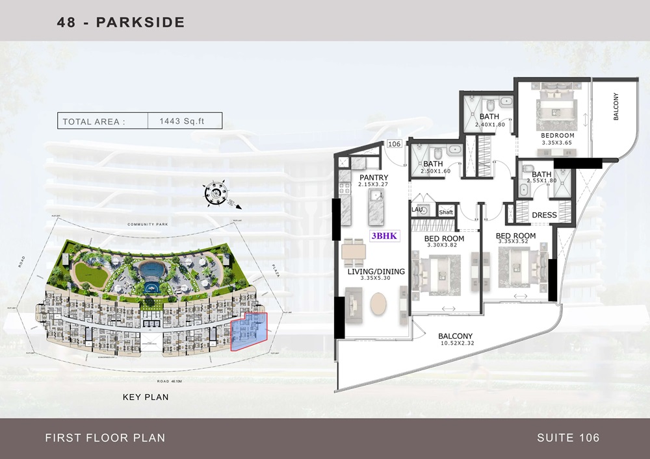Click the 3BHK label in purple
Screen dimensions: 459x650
(385, 236)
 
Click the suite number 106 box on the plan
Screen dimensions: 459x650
(394, 144)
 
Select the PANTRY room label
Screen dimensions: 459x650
(373, 178)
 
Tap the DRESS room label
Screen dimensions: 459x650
(543, 215)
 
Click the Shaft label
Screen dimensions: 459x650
(446, 212)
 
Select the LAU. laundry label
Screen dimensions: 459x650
(417, 210)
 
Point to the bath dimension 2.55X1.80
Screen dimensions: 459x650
(541, 182)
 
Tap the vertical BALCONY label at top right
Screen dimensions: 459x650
(616, 108)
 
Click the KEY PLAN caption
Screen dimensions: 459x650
(145, 396)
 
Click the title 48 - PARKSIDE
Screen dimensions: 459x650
(121, 22)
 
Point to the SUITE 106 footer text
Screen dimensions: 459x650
(568, 438)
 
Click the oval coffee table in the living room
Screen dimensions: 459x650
(378, 305)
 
